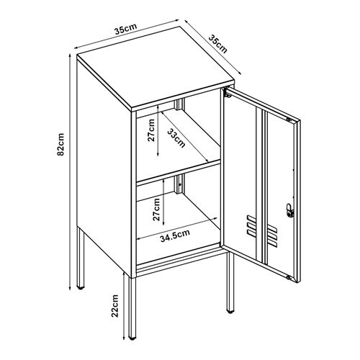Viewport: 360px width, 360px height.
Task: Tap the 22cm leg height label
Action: click(114, 307)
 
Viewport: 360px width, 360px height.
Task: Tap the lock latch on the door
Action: click(290, 210)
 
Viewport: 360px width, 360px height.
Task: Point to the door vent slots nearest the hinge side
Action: click(250, 225)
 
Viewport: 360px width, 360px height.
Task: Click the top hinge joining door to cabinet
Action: click(226, 94)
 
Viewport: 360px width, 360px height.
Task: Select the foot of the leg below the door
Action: click(231, 312)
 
